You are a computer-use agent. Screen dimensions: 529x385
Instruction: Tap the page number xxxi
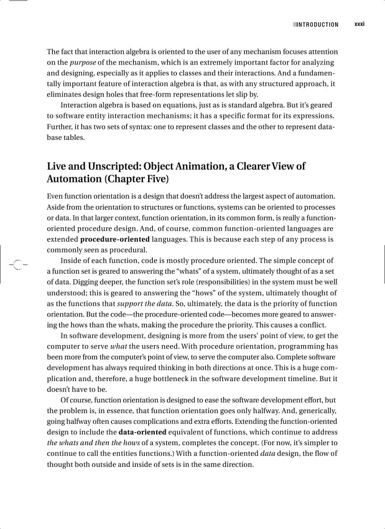coord(360,24)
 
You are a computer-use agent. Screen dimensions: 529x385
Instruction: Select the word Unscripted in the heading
coord(111,166)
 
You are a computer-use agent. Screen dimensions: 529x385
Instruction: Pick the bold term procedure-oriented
coord(115,239)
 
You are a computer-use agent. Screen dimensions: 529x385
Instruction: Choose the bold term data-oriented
coord(142,432)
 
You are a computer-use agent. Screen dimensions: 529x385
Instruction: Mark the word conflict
coord(311,325)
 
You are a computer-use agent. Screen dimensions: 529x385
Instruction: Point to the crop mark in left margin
coord(17,265)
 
